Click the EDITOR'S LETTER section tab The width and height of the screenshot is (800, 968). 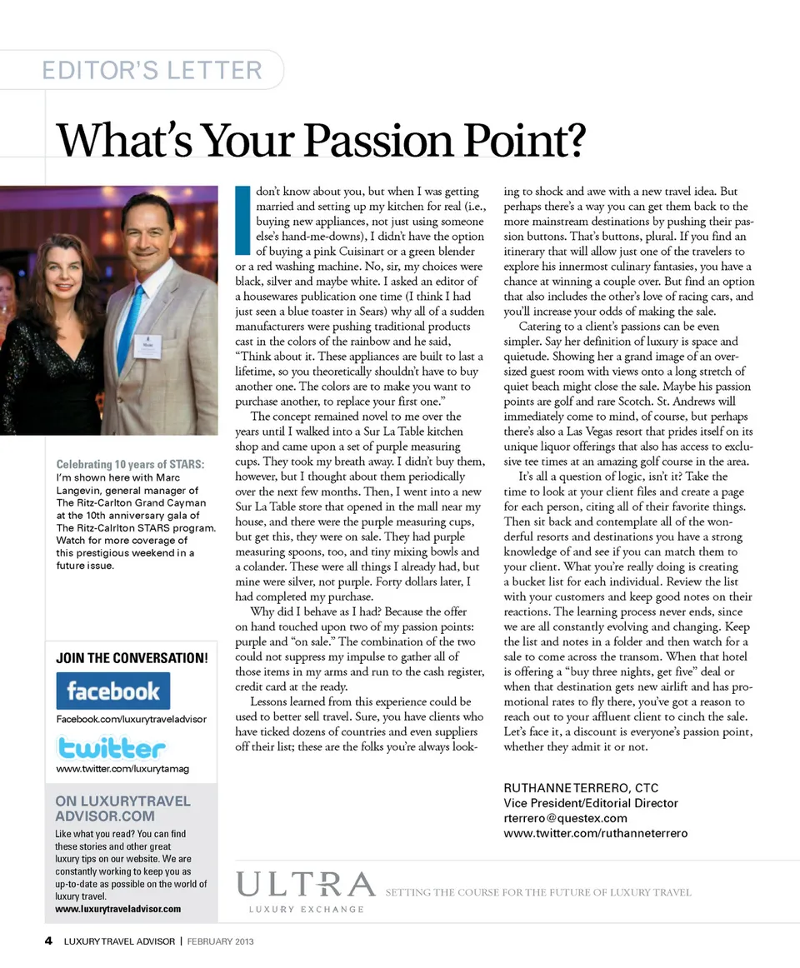152,70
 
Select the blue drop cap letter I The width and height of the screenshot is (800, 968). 241,222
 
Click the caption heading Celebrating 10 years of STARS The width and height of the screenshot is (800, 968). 130,464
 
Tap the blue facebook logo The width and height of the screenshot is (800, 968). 112,691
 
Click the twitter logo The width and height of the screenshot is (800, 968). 111,746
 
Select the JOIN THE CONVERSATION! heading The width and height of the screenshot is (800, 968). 132,658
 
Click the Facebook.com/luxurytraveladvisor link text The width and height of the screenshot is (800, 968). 131,719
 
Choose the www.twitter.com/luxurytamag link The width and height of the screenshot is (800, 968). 122,769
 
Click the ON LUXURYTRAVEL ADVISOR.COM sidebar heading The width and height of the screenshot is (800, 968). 122,808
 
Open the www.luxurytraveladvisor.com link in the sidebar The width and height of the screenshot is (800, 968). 118,908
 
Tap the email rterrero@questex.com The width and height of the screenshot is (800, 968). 565,818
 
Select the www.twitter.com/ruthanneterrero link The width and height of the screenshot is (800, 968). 595,833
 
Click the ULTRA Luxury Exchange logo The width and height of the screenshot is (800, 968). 306,891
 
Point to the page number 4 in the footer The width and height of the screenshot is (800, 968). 48,941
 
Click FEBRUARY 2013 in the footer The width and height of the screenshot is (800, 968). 220,941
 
